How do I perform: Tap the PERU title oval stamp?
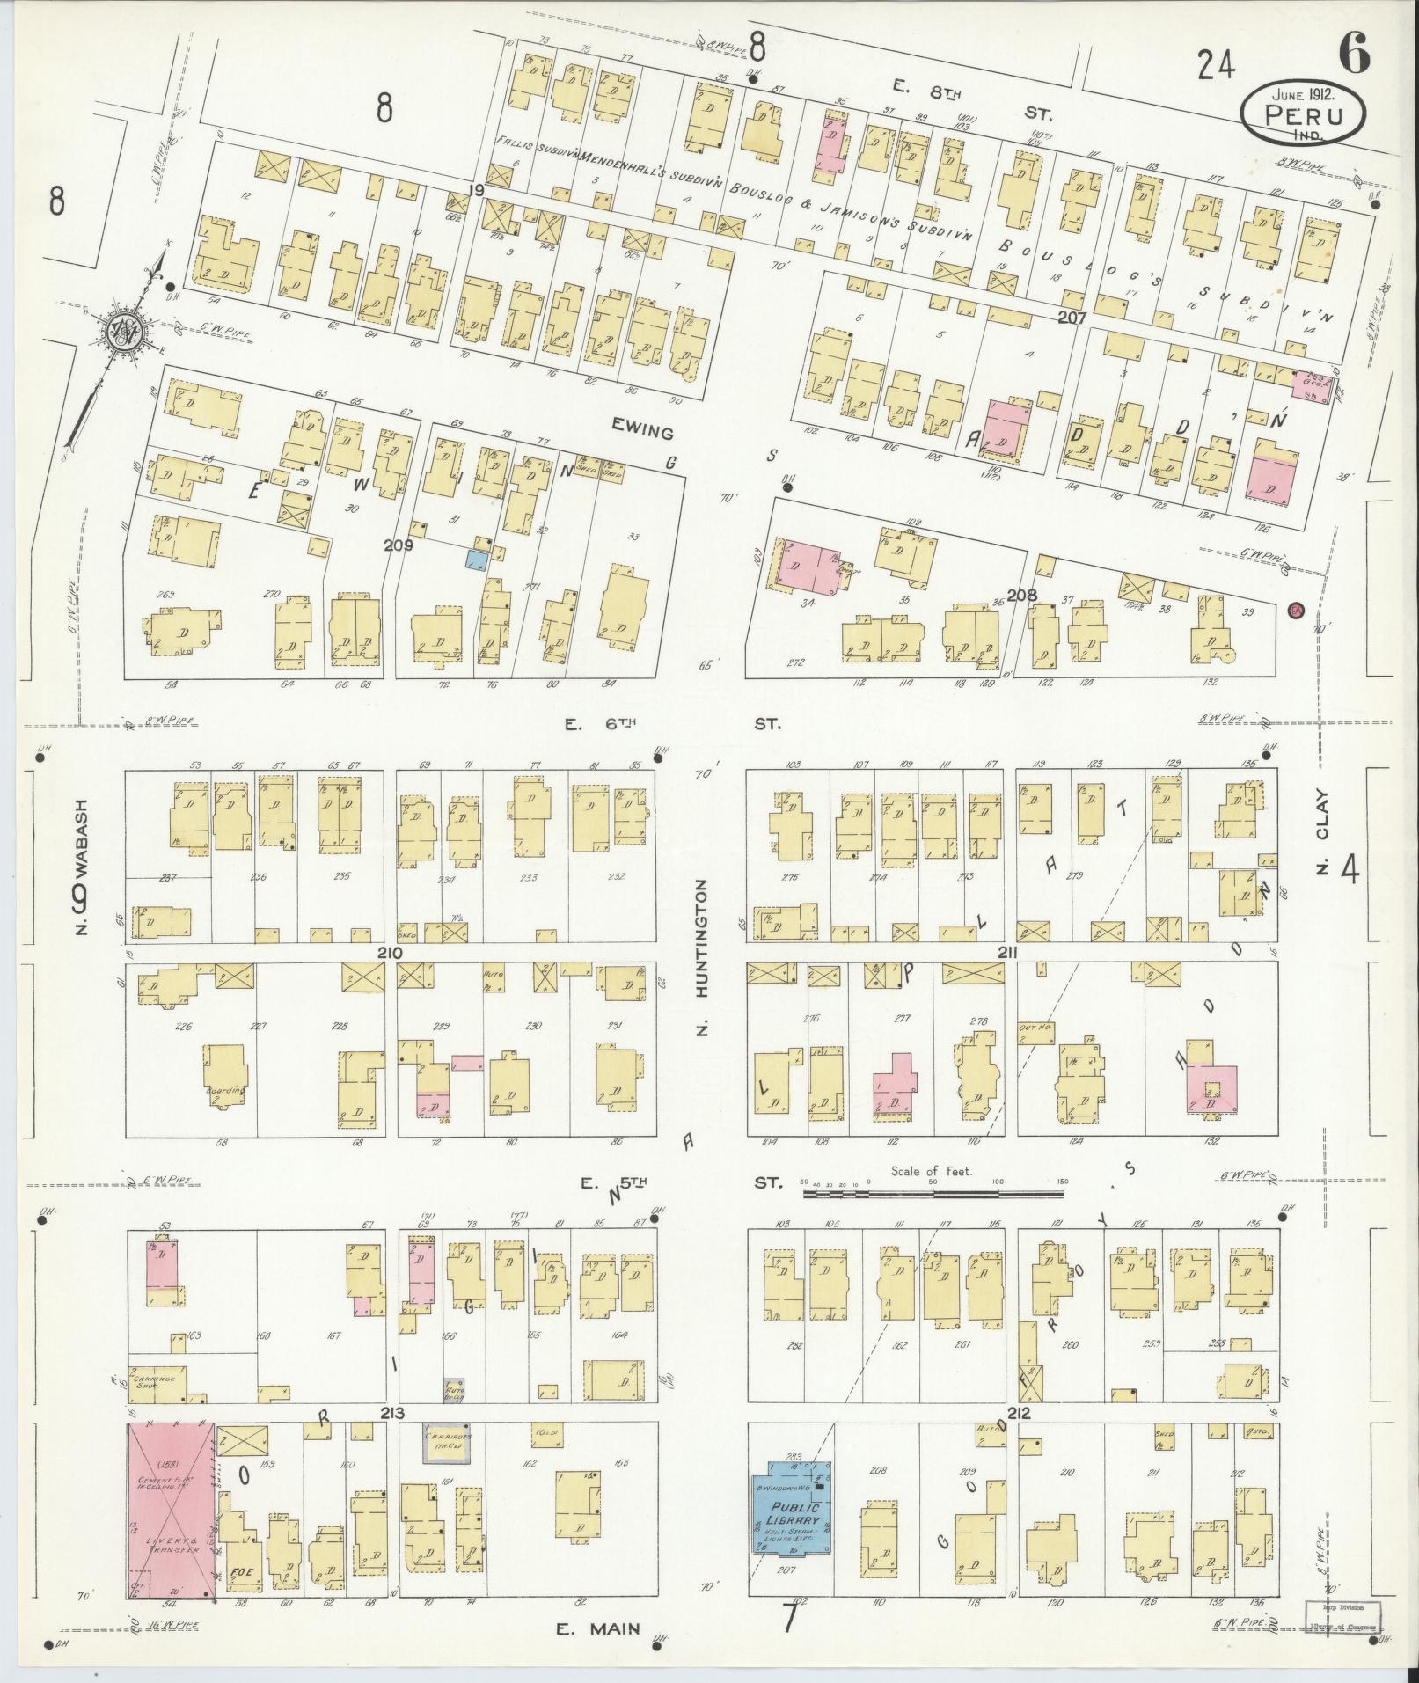pyautogui.click(x=1304, y=114)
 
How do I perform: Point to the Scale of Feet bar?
pyautogui.click(x=933, y=1195)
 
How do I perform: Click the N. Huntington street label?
pyautogui.click(x=702, y=958)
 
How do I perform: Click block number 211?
pyautogui.click(x=1008, y=953)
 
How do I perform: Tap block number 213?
pyautogui.click(x=391, y=1414)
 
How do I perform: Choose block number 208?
pyautogui.click(x=1021, y=596)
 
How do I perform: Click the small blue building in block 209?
pyautogui.click(x=476, y=560)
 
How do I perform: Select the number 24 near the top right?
pyautogui.click(x=1217, y=64)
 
